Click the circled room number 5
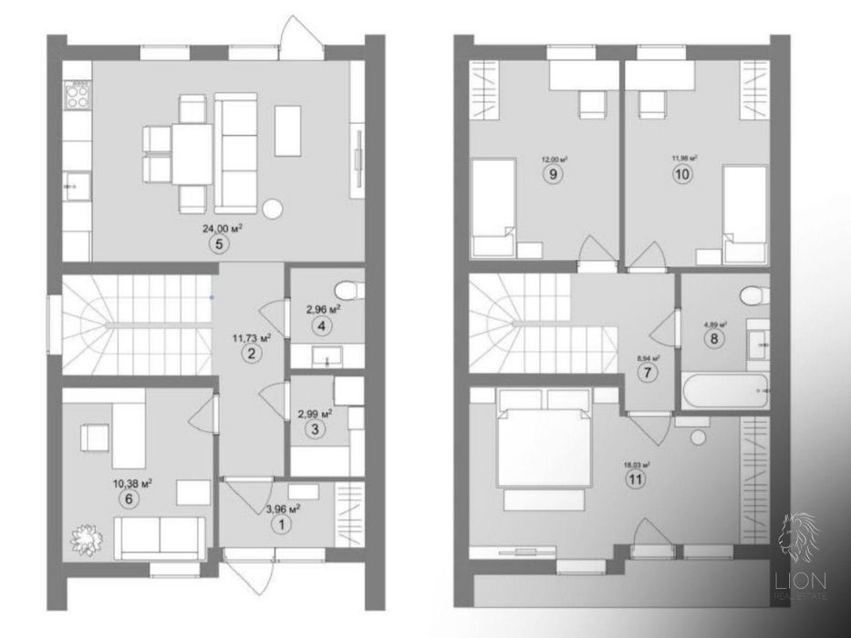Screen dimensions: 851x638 [x=215, y=243]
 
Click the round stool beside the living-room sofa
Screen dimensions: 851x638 [x=272, y=209]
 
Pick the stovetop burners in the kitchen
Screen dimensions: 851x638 [x=79, y=87]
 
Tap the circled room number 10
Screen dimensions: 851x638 [x=680, y=176]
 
